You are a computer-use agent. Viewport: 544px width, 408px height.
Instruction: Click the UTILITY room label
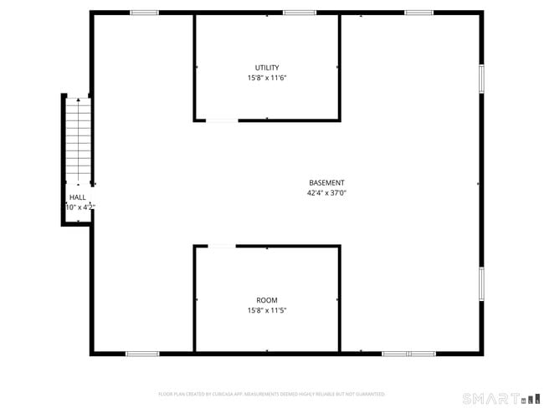tap(268, 68)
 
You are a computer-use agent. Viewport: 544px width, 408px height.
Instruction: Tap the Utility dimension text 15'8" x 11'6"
tap(268, 78)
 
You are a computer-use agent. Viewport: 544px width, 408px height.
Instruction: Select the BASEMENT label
tap(326, 183)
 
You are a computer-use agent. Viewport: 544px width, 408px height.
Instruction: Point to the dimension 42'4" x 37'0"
tap(326, 193)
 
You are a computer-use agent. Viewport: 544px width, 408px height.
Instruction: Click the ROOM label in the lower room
tap(268, 300)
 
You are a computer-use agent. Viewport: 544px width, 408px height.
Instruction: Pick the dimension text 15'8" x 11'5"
tap(268, 310)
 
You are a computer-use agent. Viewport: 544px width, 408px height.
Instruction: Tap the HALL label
tap(77, 197)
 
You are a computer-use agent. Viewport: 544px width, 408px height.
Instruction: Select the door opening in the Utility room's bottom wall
tap(222, 120)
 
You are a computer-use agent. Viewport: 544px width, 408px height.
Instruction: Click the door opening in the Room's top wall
tap(222, 246)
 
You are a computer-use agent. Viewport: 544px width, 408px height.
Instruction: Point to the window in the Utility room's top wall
tap(299, 13)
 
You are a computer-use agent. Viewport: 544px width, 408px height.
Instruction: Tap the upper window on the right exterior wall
tap(481, 78)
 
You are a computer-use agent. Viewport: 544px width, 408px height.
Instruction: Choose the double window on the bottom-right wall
tap(408, 354)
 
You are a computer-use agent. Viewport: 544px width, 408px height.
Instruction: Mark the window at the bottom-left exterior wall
tap(142, 354)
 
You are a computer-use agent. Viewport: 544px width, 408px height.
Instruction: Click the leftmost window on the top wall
tap(144, 13)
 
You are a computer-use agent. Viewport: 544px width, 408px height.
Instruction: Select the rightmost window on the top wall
tap(418, 13)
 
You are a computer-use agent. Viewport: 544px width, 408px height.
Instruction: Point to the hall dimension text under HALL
tap(80, 207)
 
